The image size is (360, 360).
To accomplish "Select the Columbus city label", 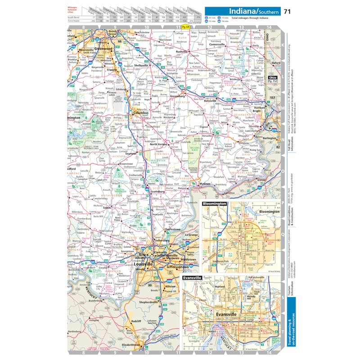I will pos(141,113).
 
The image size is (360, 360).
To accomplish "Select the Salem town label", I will pos(107,207).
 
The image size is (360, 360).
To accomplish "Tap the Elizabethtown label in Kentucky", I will pos(132,345).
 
